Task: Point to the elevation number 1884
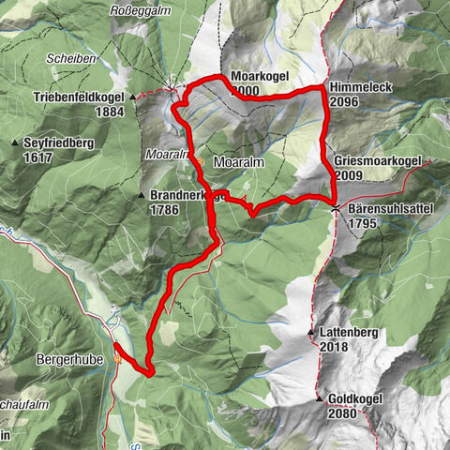point(110,112)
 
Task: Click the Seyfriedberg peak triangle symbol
point(15,142)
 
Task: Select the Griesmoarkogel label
point(378,160)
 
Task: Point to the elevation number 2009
point(349,174)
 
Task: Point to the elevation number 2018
point(333,347)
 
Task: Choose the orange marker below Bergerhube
point(117,358)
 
